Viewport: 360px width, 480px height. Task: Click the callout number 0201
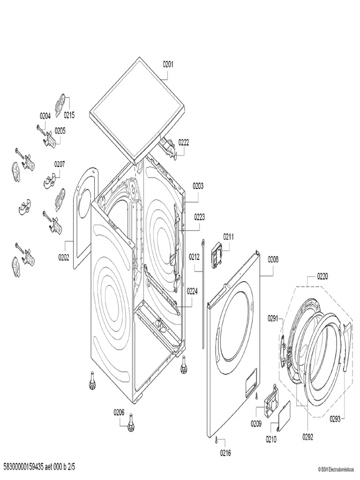[x=168, y=65]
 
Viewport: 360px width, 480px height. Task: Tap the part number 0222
[x=183, y=143]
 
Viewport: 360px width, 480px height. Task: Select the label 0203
[x=198, y=186]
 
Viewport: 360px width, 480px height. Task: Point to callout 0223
[x=199, y=217]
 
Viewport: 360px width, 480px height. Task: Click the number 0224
[x=192, y=291]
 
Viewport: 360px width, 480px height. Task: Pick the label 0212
[x=195, y=256]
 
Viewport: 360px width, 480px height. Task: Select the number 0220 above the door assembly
[x=322, y=276]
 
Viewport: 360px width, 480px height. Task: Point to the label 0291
[x=273, y=319]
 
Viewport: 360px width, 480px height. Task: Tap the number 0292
[x=307, y=436]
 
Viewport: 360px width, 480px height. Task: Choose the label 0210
[x=271, y=440]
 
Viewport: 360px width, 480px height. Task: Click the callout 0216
[x=225, y=453]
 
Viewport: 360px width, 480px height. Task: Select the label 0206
[x=119, y=412]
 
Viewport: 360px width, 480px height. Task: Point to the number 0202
[x=64, y=256]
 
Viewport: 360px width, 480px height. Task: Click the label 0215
[x=69, y=115]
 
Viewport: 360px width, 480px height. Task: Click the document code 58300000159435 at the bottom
[x=23, y=467]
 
